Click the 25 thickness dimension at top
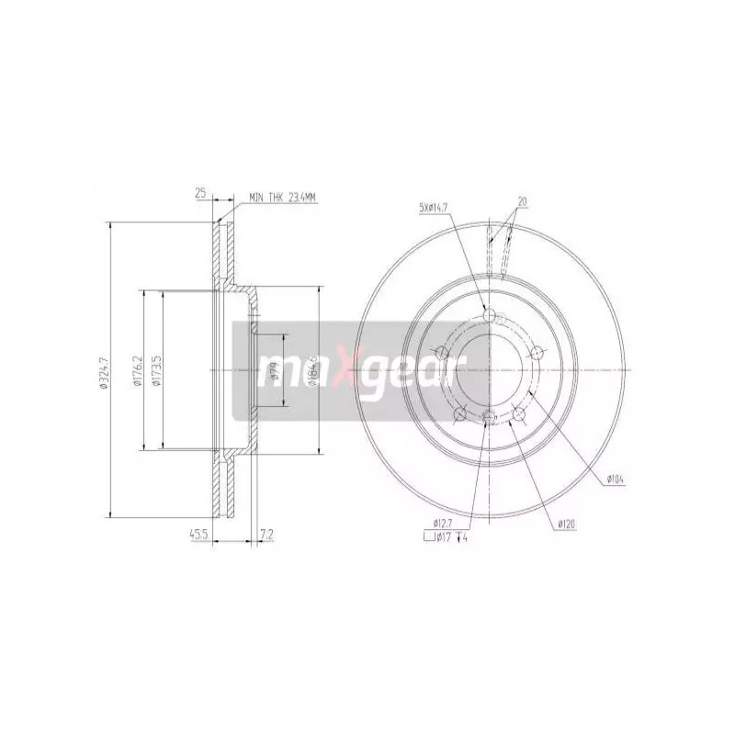198,194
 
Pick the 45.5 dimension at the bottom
198,532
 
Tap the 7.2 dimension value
266,532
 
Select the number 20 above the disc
522,201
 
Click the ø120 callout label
565,525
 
